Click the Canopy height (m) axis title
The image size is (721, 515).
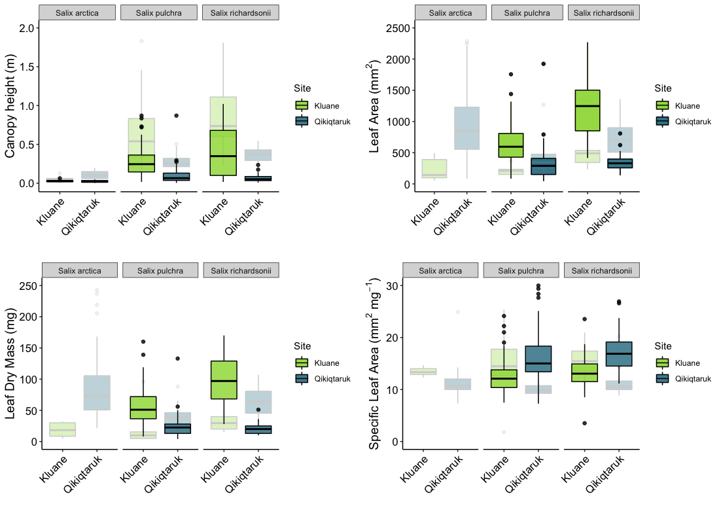(x=11, y=106)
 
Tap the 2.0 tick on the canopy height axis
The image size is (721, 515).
(x=27, y=28)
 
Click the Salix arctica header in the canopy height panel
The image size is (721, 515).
(x=78, y=12)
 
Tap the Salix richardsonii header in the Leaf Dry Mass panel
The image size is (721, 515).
(x=241, y=270)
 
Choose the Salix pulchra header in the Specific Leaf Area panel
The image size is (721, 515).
(x=521, y=270)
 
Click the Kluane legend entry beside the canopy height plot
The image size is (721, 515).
(x=326, y=105)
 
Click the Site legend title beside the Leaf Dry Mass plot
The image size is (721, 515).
(x=302, y=346)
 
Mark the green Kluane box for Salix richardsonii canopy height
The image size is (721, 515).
(x=223, y=152)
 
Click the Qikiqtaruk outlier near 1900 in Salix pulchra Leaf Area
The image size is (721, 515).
(x=543, y=63)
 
